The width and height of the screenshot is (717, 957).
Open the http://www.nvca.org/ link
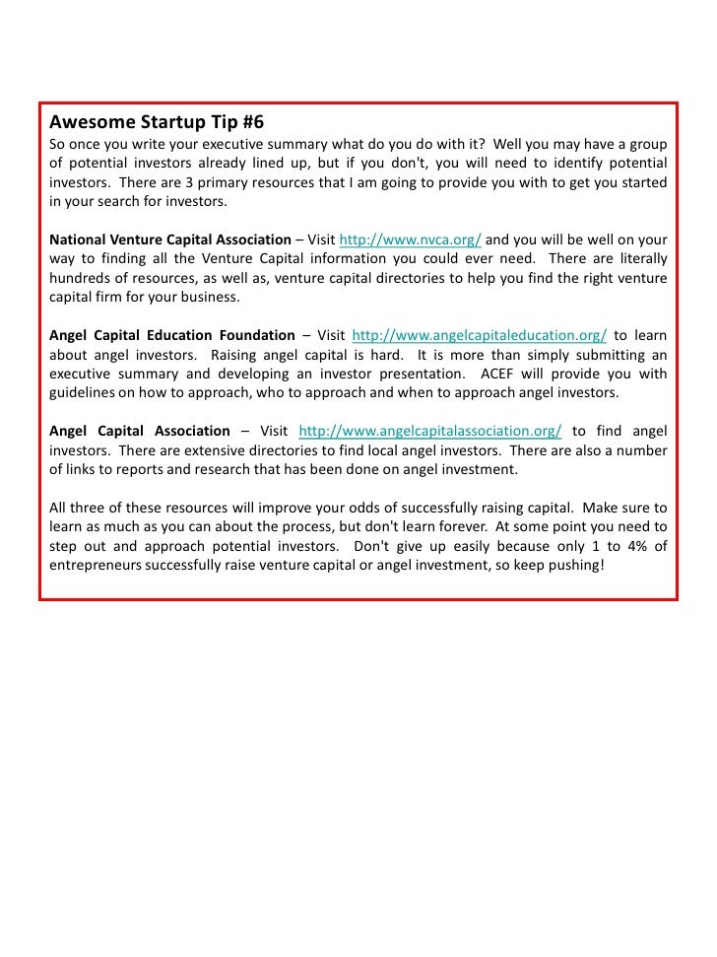[410, 239]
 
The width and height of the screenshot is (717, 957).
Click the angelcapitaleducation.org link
[479, 335]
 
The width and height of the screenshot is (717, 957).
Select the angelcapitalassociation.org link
[429, 431]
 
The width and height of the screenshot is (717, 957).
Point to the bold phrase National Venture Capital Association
[170, 239]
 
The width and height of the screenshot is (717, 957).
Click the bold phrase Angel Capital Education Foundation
[172, 335]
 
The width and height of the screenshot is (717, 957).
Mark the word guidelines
[84, 392]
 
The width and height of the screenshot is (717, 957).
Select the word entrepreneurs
[96, 565]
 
